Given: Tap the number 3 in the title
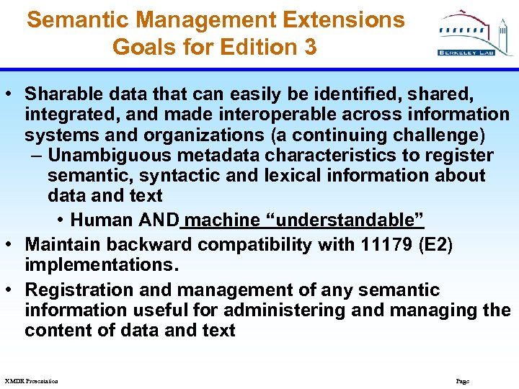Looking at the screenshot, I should [x=309, y=48].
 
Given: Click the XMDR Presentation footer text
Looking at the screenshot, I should [x=31, y=380].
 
